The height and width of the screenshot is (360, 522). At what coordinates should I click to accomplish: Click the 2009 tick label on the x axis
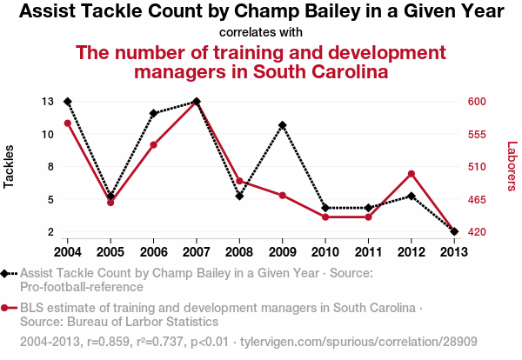pos(282,252)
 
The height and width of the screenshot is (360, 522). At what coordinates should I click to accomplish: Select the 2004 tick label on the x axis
pos(68,252)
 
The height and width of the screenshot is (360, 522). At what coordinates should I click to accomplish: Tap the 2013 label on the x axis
pos(453,252)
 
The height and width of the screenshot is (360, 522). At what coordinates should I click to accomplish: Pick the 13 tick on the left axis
pos(48,102)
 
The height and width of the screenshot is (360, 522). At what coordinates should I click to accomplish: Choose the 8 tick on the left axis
pos(50,167)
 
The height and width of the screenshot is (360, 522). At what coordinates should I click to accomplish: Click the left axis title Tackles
pos(10,165)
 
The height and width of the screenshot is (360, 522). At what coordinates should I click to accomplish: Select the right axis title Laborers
pos(512,165)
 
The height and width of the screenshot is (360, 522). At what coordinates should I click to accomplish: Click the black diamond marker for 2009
pos(282,125)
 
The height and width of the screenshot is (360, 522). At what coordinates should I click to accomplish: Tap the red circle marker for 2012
pos(411,174)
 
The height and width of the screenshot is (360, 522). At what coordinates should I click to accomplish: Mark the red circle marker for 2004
pos(68,123)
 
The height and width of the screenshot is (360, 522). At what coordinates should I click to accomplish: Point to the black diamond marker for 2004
pos(68,102)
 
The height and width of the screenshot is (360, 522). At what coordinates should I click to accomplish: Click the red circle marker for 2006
pos(153,144)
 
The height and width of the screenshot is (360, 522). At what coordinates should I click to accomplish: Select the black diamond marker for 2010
pos(325,208)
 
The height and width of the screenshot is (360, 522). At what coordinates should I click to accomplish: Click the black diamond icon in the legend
pos(6,273)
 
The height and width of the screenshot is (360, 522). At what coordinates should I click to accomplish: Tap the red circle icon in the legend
pos(6,308)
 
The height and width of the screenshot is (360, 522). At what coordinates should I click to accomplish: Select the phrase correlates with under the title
pos(261,32)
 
